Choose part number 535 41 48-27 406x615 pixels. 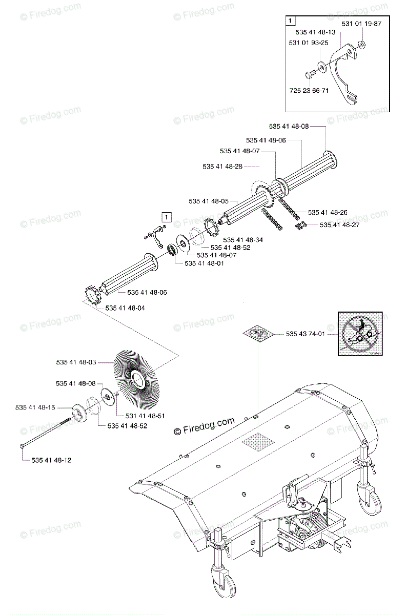pos(340,224)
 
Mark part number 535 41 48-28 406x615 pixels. pos(222,166)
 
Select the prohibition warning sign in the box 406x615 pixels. pos(360,333)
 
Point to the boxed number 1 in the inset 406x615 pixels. pos(291,21)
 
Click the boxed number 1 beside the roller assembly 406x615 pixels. pos(166,217)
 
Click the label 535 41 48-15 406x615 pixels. pos(35,407)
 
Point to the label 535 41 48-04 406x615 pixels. pos(125,308)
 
